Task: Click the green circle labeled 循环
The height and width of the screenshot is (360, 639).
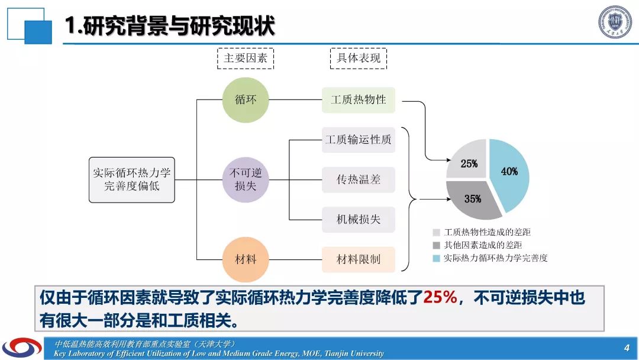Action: point(246,100)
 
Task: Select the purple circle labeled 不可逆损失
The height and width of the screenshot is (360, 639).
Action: point(246,179)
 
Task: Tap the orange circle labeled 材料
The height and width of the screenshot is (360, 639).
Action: point(246,259)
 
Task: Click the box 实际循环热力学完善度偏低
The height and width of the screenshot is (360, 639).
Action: point(131,180)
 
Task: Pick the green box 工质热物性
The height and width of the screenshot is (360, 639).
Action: point(358,100)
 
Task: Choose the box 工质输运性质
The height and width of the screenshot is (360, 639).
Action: point(358,140)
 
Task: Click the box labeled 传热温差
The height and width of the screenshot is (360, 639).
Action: point(358,179)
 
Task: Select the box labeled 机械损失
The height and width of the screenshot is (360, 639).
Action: point(358,219)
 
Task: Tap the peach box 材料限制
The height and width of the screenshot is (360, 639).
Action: point(358,259)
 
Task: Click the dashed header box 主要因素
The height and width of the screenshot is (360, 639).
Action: point(246,58)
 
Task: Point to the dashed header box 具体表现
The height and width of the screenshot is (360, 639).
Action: point(358,58)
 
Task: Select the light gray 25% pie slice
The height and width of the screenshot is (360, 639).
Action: point(469,161)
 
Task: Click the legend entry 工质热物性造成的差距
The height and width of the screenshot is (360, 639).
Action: point(482,232)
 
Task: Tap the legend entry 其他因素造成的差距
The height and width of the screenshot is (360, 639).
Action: point(477,245)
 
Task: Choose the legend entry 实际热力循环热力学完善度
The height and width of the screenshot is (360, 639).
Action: point(490,258)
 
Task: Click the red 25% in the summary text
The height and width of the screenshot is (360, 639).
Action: point(440,297)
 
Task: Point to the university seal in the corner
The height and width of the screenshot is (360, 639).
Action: point(615,22)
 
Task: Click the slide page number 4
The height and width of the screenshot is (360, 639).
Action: point(627,348)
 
